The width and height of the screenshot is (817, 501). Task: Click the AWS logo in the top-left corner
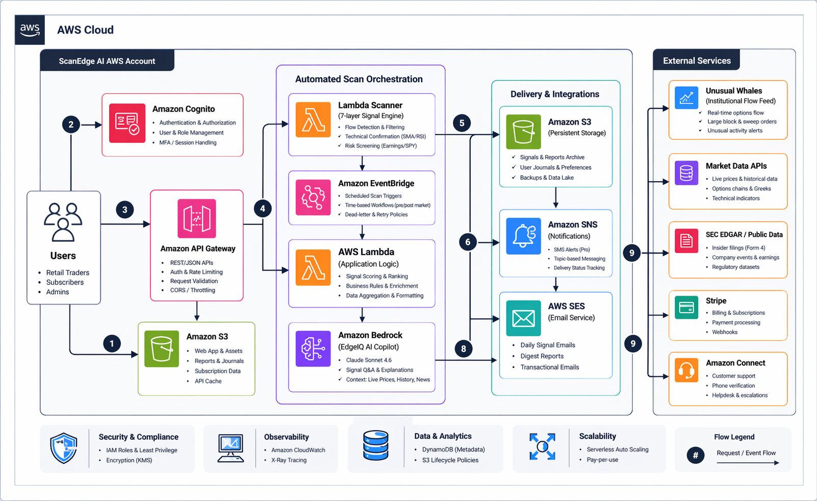tap(30, 30)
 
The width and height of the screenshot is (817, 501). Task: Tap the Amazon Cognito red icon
tap(127, 123)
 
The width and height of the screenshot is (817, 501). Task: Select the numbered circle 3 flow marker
tap(124, 210)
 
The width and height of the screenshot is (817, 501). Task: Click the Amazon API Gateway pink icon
tap(197, 218)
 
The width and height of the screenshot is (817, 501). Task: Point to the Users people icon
tap(63, 222)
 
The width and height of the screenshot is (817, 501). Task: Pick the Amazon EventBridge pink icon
tap(313, 197)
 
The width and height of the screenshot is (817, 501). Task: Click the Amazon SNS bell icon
tap(523, 236)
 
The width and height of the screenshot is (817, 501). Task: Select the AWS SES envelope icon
tap(523, 318)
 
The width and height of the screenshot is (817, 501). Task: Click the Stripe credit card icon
tap(686, 308)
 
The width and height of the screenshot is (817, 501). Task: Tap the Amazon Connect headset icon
tap(686, 370)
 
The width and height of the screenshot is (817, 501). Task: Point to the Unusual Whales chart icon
tap(686, 97)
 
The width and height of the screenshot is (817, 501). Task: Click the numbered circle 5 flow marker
tap(462, 123)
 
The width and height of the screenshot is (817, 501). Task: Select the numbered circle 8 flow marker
tap(463, 349)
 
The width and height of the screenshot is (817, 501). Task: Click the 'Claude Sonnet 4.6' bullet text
tap(369, 360)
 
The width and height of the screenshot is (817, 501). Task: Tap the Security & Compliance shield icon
tap(64, 448)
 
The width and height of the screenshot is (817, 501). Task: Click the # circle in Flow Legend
tap(695, 455)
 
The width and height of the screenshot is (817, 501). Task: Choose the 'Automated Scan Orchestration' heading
tap(359, 79)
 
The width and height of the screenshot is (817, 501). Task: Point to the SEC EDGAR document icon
tap(686, 241)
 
